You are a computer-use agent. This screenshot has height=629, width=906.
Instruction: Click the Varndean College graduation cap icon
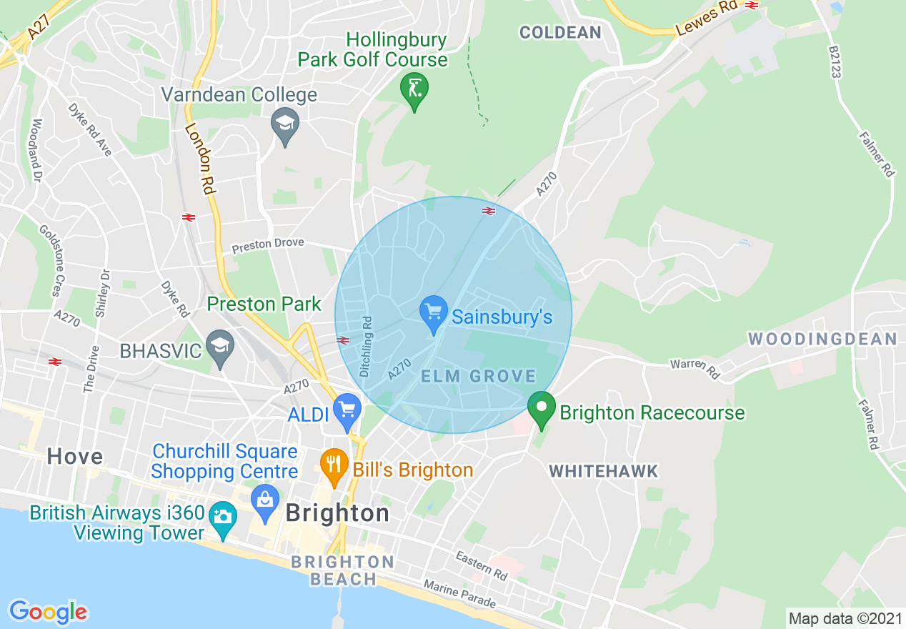[285, 124]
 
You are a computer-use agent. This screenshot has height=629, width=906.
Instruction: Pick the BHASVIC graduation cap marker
[220, 347]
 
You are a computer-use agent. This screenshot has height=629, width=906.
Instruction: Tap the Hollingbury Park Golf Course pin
[414, 90]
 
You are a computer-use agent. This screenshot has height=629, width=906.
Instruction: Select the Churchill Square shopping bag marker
[265, 503]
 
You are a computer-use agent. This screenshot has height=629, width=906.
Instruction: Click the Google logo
[48, 612]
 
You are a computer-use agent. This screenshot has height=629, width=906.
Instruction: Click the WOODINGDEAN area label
[822, 339]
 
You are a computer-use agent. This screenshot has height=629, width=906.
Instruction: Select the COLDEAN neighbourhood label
[560, 32]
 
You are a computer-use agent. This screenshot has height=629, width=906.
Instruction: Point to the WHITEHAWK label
[603, 471]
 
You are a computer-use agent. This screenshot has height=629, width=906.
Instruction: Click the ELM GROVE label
[478, 377]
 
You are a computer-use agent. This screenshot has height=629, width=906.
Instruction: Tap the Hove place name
[75, 457]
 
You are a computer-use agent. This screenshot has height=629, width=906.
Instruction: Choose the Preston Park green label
[264, 304]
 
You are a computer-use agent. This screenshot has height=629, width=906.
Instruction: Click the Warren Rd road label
[695, 367]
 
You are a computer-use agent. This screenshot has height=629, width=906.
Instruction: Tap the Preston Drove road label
[268, 245]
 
